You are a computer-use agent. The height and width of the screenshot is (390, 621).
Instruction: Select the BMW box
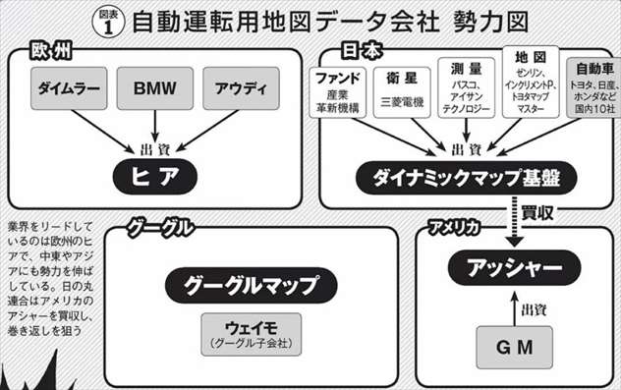click(x=155, y=89)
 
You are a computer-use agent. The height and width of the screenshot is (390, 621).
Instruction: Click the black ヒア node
click(x=154, y=176)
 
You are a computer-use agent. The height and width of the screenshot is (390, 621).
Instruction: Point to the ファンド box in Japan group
click(x=340, y=91)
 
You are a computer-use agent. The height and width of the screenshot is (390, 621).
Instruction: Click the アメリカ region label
click(x=454, y=229)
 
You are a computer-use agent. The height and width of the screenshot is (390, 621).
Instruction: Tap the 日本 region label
click(x=363, y=48)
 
